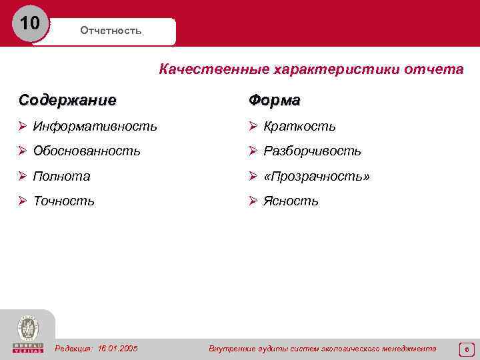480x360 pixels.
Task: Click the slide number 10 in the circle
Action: click(x=30, y=24)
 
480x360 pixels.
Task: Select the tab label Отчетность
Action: click(x=111, y=31)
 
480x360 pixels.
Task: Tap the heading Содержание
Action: click(x=67, y=100)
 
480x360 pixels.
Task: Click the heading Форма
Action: click(x=274, y=100)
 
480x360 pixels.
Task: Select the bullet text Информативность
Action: click(x=95, y=126)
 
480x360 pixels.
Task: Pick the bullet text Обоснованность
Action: click(x=87, y=151)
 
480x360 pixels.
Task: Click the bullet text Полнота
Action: click(x=62, y=177)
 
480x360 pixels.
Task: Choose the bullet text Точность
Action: click(x=64, y=201)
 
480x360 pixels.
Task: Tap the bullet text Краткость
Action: click(x=299, y=126)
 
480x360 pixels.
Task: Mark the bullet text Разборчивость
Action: click(x=312, y=151)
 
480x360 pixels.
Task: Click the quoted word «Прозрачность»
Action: click(x=317, y=177)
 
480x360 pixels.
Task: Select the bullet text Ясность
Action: click(x=291, y=201)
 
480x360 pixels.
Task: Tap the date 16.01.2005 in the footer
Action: click(x=117, y=349)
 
